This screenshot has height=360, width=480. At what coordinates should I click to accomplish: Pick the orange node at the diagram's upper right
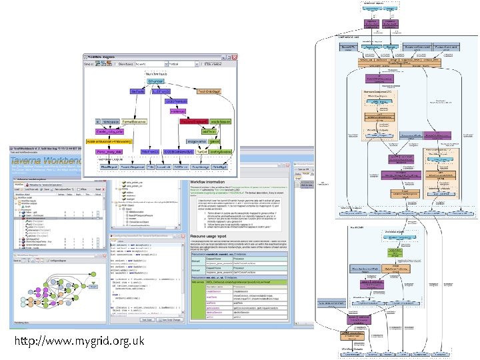(x=209, y=91)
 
